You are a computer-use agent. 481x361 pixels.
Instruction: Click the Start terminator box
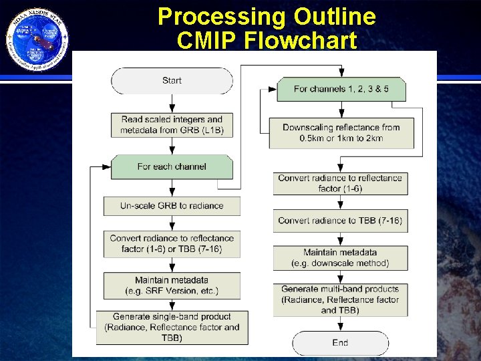(172, 81)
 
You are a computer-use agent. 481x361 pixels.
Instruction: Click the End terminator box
(340, 342)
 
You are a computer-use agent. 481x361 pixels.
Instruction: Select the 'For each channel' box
(172, 166)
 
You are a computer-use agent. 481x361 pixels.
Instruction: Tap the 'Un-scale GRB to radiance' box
(172, 206)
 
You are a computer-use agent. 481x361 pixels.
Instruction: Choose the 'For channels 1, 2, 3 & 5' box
(341, 90)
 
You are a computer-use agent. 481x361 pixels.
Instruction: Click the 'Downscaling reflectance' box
(341, 133)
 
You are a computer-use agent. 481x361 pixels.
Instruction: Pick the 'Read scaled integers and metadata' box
(172, 124)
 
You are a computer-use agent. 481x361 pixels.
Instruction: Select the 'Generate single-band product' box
(172, 327)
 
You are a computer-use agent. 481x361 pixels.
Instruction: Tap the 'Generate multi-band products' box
(340, 299)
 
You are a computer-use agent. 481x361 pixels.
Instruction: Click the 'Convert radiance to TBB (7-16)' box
(340, 221)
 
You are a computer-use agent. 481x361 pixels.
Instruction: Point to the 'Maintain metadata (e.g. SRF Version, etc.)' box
(172, 285)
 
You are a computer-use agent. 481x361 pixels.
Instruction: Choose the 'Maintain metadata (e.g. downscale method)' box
(340, 257)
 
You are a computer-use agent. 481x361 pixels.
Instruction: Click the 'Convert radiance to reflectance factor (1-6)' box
(340, 183)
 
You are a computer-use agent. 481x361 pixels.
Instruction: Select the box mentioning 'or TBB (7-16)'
(172, 243)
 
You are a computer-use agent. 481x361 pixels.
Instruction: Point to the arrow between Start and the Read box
(172, 103)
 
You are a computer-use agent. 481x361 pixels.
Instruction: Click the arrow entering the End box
(340, 324)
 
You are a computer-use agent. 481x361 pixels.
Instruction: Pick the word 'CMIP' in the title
(207, 41)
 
